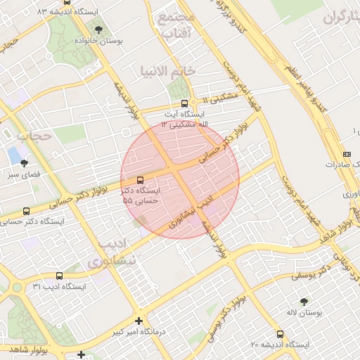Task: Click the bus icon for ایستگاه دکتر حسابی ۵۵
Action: click(x=140, y=179)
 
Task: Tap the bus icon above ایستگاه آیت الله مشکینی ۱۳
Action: click(x=184, y=103)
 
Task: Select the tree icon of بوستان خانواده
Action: click(x=98, y=30)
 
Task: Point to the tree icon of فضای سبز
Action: click(x=24, y=162)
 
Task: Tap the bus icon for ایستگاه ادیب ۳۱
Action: click(x=58, y=276)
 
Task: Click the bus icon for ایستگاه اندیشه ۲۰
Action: click(x=281, y=334)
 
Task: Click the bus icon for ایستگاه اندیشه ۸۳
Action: click(x=67, y=2)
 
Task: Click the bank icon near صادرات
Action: click(x=346, y=154)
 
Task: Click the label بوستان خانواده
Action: click(x=99, y=41)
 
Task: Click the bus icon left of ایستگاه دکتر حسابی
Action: click(x=27, y=210)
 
